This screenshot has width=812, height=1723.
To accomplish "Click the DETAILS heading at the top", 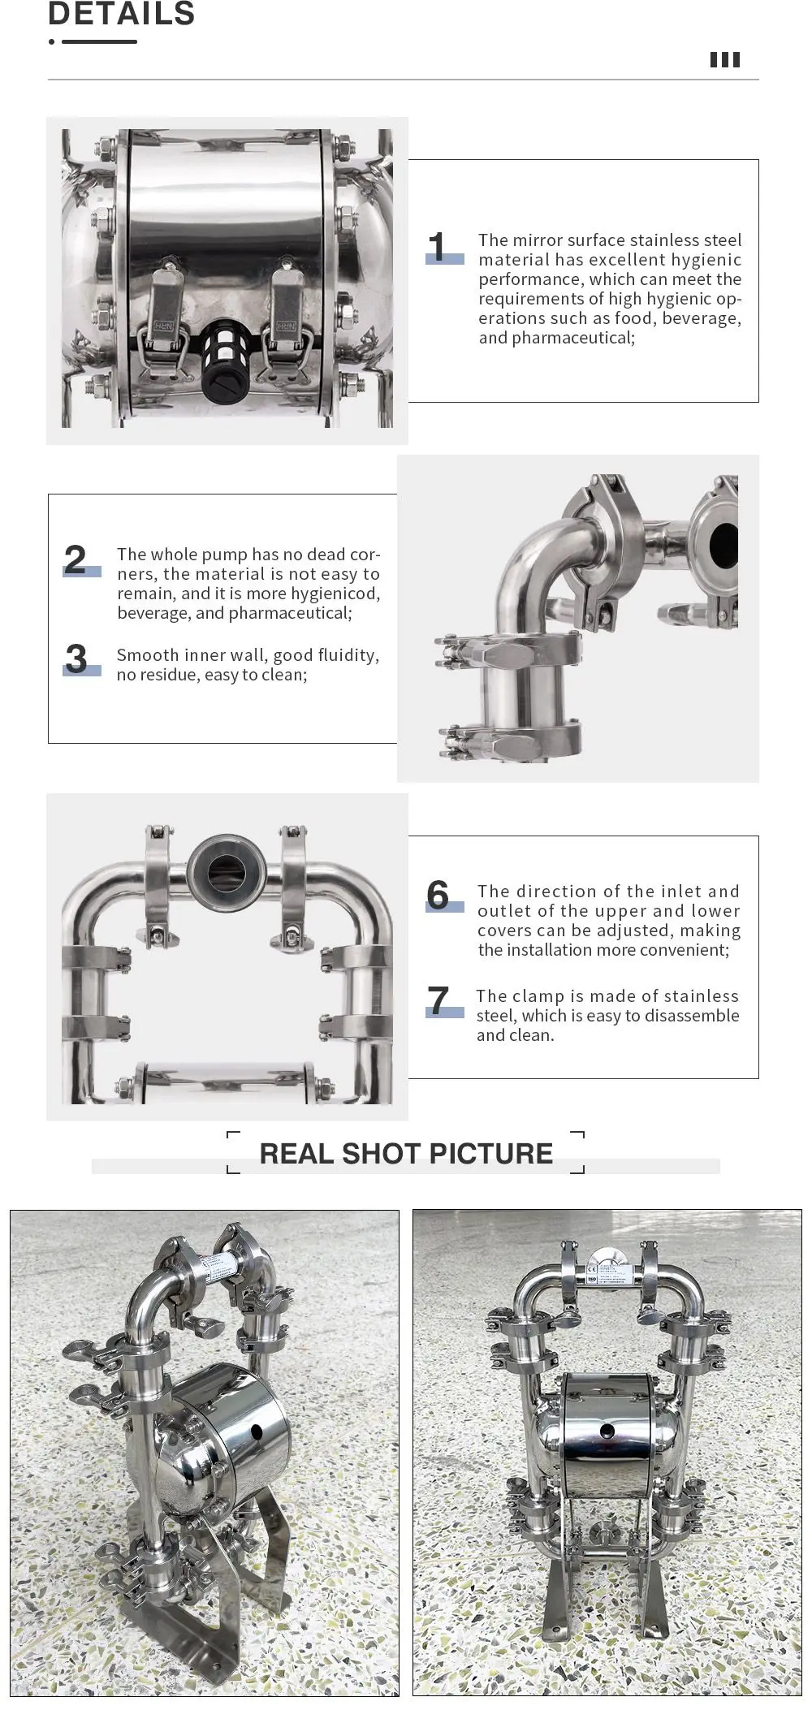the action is point(122,13).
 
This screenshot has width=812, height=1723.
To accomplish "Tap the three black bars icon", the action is point(725,60).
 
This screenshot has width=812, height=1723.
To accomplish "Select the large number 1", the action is point(438,247).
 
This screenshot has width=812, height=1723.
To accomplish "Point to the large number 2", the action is point(75,559).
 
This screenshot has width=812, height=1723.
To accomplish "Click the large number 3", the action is point(76,659).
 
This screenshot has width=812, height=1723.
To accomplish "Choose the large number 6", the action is point(438,895).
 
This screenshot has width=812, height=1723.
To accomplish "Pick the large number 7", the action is point(438,1000).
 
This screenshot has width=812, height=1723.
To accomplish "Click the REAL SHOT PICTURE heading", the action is point(406,1153).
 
